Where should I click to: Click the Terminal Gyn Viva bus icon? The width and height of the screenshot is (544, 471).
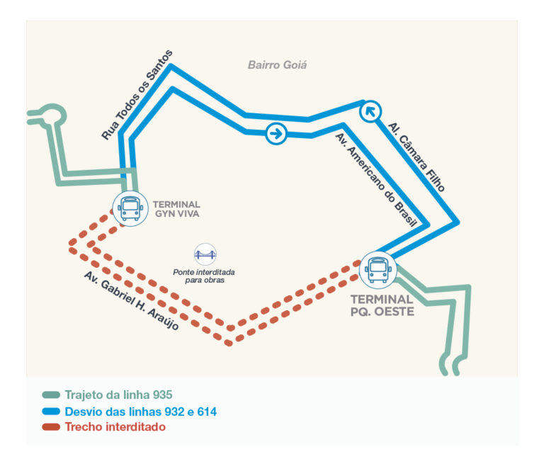point(130,208)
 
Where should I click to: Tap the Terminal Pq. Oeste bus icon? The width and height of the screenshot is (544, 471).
point(377,270)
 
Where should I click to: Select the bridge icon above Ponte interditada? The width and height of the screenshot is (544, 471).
point(205,254)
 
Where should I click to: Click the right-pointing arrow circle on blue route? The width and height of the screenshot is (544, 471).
point(276,132)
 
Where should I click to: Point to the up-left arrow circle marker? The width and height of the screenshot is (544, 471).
point(370,111)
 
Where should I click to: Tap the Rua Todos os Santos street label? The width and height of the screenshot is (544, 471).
point(136,94)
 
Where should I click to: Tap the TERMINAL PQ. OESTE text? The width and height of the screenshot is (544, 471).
point(382,305)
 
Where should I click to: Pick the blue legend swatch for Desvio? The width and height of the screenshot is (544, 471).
point(50,412)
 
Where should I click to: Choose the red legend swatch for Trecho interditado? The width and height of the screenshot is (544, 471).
point(50,427)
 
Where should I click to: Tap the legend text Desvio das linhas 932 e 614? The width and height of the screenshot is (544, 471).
point(140,412)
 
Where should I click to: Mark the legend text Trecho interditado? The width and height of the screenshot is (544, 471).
point(115,427)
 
